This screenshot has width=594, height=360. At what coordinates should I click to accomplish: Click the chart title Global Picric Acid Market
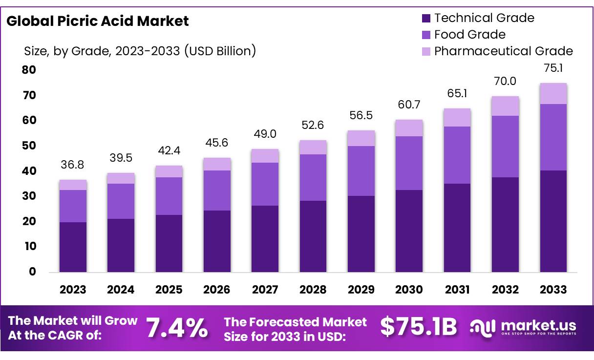(98, 21)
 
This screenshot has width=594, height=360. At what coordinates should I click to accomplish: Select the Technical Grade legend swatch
(426, 19)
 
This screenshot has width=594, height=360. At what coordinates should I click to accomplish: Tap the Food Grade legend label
(469, 35)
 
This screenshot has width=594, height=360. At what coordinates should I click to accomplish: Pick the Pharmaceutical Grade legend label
(503, 51)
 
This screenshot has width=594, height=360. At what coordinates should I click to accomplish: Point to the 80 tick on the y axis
(29, 70)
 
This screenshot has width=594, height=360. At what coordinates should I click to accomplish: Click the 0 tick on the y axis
(32, 272)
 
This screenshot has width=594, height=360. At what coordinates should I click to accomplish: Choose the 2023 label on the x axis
(73, 290)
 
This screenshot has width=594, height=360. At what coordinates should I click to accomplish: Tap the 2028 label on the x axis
(313, 290)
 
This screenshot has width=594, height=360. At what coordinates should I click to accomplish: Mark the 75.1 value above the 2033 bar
(553, 69)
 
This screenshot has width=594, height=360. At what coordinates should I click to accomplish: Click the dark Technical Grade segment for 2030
(409, 231)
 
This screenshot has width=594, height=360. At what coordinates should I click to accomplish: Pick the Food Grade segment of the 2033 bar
(553, 137)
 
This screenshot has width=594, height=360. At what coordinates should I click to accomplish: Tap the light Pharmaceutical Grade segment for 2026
(217, 164)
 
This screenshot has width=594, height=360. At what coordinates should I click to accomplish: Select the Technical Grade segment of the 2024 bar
(121, 245)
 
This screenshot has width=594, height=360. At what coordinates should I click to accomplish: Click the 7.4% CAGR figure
(177, 327)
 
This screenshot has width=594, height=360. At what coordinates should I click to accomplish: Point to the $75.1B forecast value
(419, 327)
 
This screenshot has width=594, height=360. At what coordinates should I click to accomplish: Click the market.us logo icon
(483, 327)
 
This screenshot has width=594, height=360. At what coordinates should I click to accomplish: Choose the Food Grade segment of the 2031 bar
(457, 155)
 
